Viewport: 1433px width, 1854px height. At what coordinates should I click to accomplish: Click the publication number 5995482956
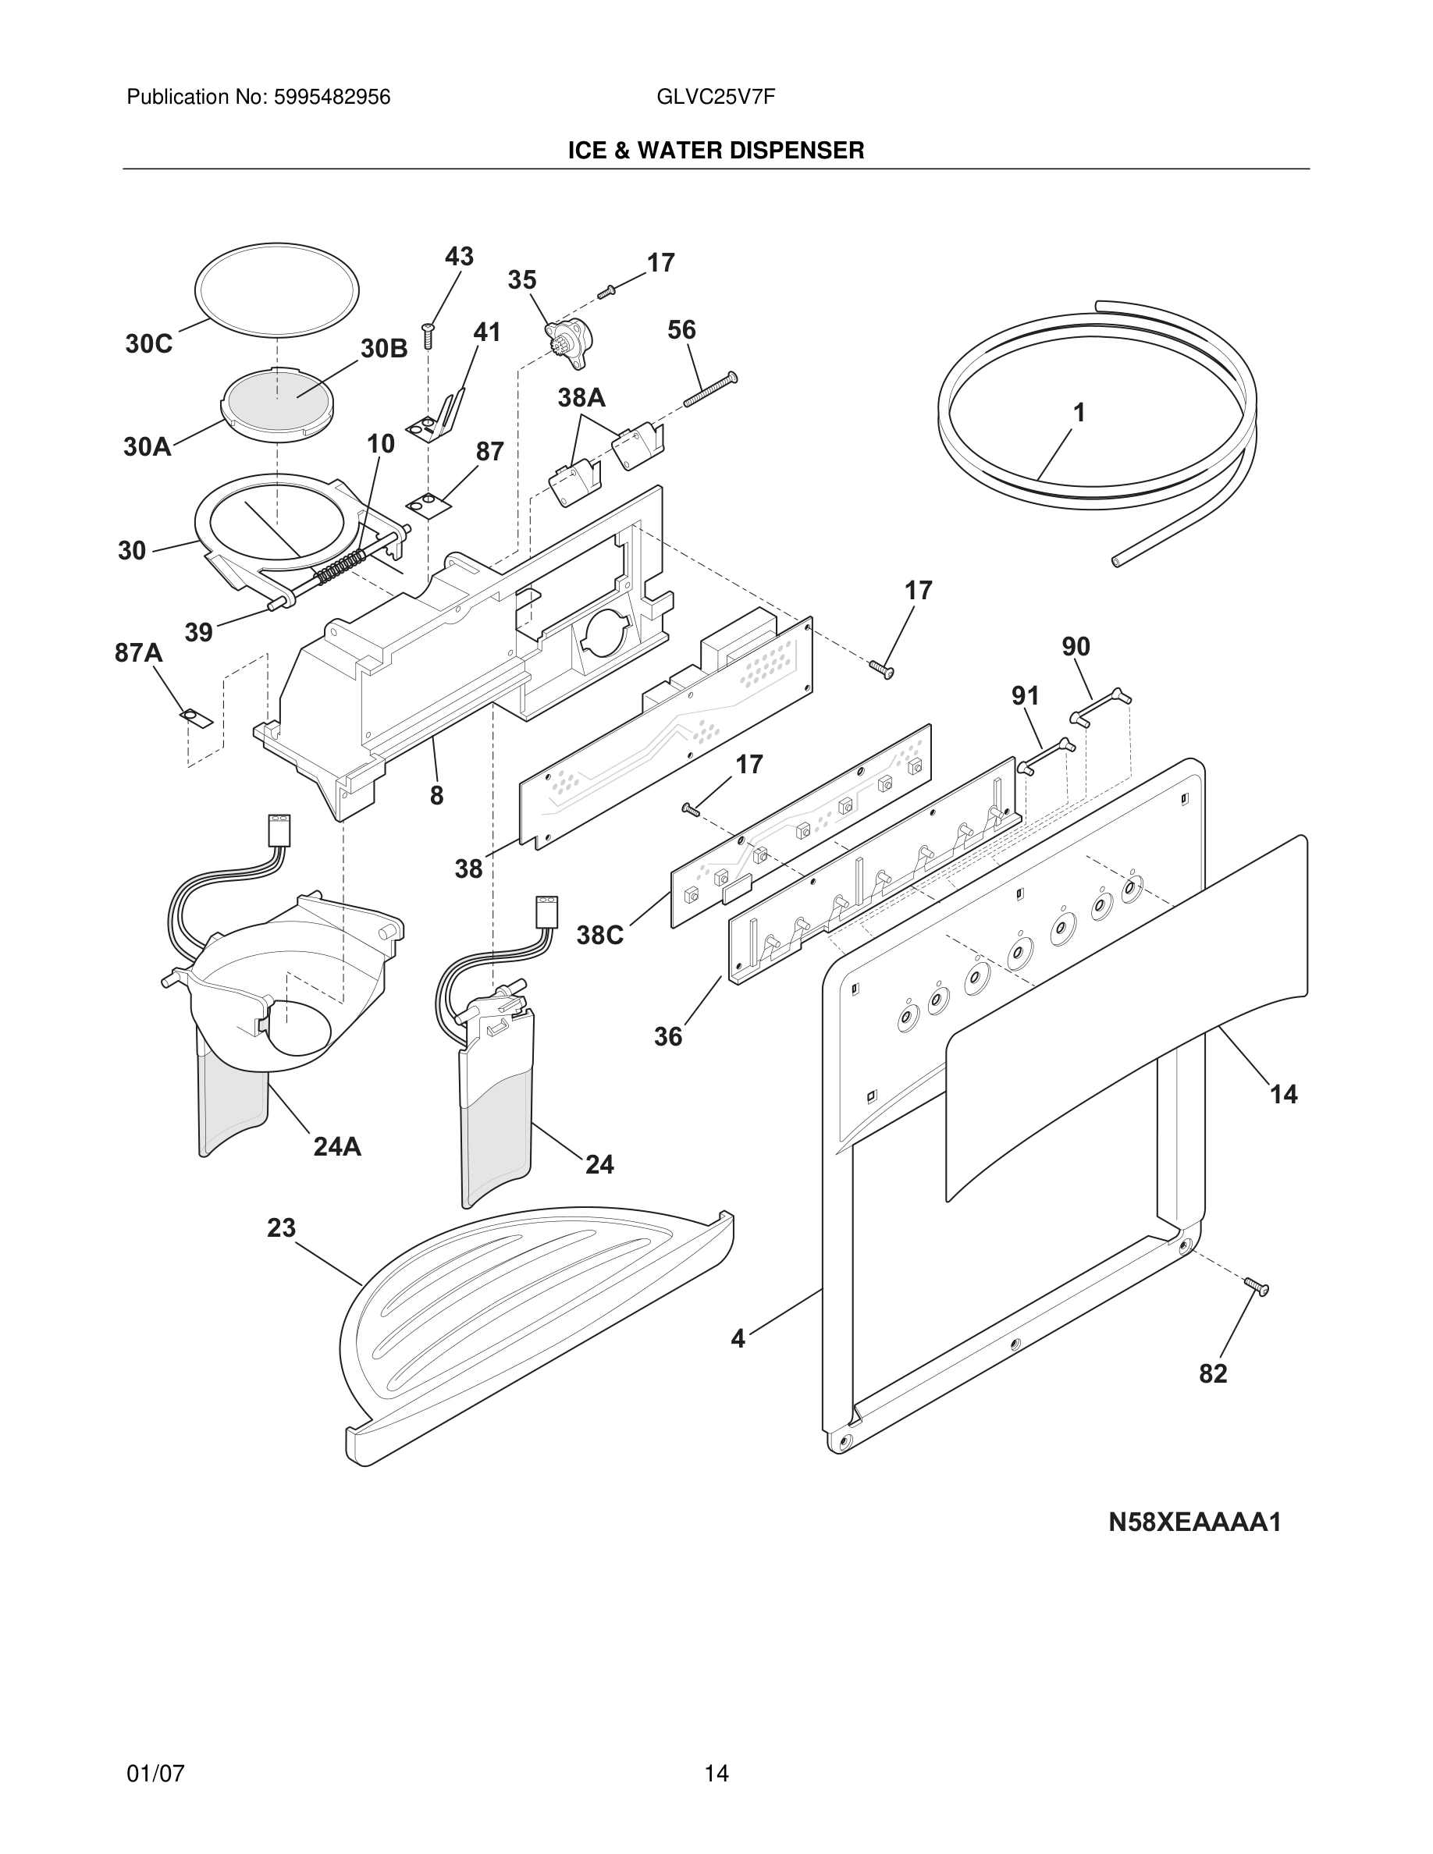tap(331, 98)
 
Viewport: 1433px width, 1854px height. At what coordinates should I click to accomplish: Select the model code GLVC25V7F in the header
tap(715, 98)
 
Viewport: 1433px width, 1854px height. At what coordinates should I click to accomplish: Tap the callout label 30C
tap(148, 344)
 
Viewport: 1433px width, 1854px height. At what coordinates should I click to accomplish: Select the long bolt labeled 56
tap(709, 389)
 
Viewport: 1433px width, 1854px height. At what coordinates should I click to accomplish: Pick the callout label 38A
tap(581, 397)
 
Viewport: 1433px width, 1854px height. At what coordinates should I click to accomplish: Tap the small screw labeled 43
tap(428, 335)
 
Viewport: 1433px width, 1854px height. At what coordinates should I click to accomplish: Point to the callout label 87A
tap(138, 653)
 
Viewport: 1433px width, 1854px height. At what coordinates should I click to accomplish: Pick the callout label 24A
tap(337, 1147)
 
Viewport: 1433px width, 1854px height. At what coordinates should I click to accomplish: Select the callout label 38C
tap(599, 936)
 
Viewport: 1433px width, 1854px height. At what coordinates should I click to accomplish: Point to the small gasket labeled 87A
tap(197, 718)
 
